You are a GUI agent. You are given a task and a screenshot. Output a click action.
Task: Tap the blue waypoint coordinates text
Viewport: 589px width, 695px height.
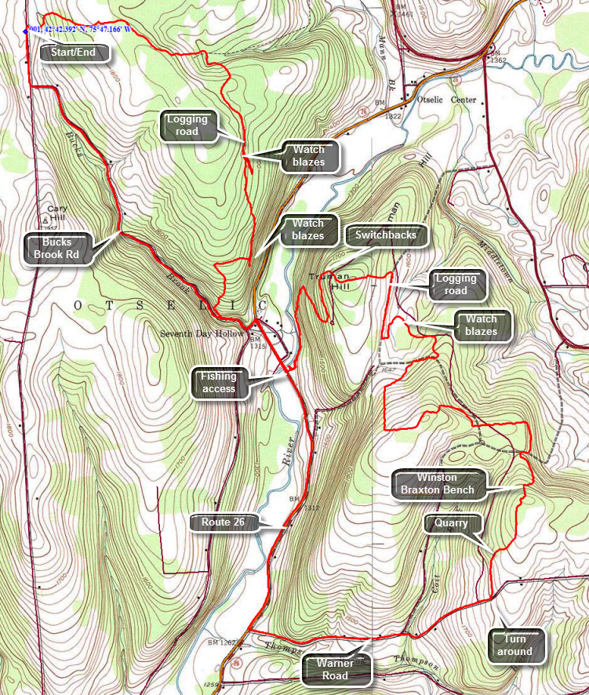[x=78, y=30]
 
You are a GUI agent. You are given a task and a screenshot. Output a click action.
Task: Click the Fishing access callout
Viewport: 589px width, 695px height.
[x=219, y=382]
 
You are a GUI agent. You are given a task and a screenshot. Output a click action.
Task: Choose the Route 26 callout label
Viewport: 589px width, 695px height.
[x=225, y=521]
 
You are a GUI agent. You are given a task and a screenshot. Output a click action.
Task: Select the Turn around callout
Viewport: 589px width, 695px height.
[x=514, y=644]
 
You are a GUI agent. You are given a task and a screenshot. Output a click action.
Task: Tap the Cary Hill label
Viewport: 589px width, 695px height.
[x=56, y=213]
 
